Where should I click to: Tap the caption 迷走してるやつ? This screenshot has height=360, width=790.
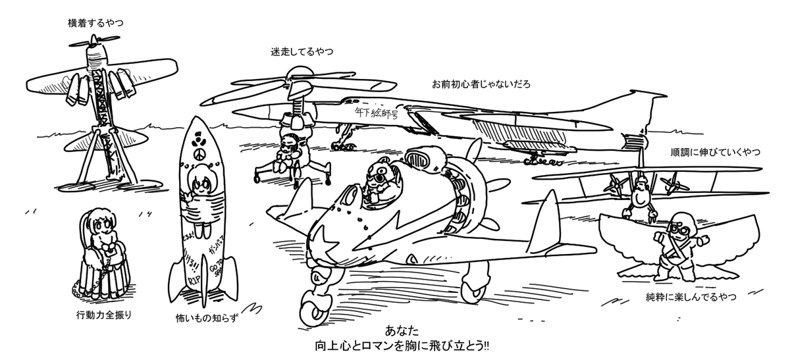(x=301, y=52)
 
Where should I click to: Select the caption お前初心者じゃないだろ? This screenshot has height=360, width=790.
(x=481, y=85)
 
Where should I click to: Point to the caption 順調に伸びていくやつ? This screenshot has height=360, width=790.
(x=714, y=153)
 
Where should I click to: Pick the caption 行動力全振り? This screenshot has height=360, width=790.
(x=104, y=313)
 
